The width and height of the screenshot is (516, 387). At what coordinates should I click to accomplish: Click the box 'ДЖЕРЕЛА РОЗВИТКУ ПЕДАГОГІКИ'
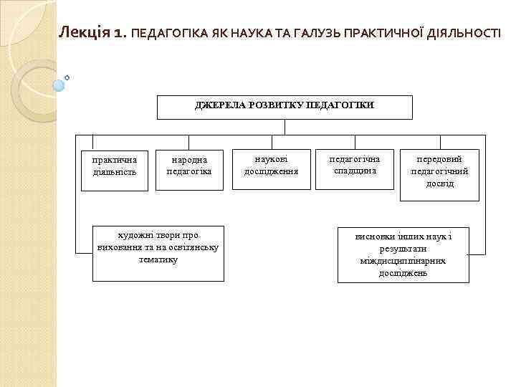285,106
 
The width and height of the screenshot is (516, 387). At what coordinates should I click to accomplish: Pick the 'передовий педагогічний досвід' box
439,174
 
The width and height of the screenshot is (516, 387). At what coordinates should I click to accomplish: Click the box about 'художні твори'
158,252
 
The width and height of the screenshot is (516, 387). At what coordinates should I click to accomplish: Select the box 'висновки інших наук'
403,255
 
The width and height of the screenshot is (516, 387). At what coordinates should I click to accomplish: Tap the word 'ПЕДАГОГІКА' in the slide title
171,33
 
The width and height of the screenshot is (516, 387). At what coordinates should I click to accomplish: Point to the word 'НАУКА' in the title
249,33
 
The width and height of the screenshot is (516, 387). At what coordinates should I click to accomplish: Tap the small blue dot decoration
67,77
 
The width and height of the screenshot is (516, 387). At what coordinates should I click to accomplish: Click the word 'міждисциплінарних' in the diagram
403,261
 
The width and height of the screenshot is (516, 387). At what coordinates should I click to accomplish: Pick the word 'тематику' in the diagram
158,259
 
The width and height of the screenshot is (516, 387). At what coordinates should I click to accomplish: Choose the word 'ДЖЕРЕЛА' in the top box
219,105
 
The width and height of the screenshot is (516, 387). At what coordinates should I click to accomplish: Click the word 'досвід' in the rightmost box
439,184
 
